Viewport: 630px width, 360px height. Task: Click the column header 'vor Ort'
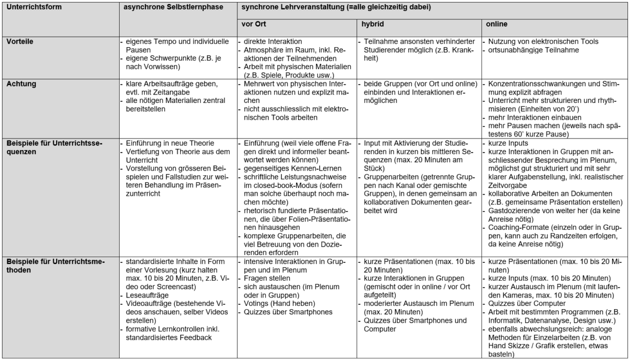point(249,25)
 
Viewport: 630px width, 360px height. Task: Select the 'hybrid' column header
point(371,25)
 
